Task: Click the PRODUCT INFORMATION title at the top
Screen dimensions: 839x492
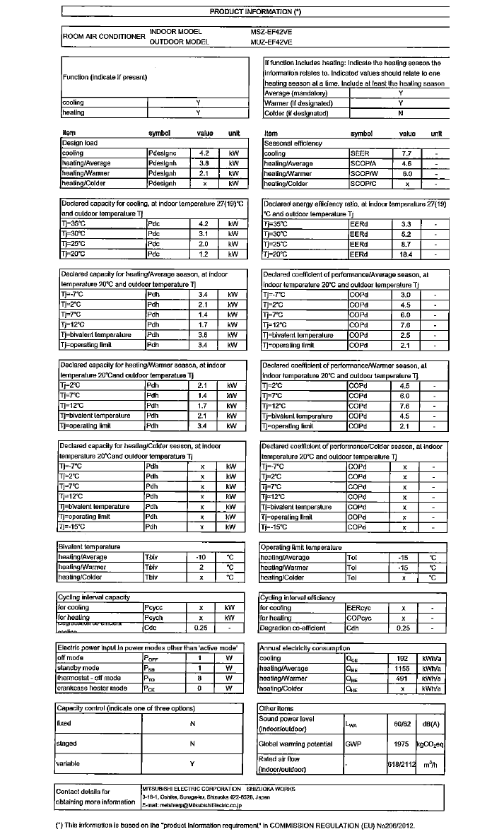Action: (256, 12)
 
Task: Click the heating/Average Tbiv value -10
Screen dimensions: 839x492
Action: (200, 557)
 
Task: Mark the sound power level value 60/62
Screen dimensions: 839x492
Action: (402, 724)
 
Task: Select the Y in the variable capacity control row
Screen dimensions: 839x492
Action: (192, 763)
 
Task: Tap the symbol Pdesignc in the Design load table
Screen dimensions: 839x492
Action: (163, 153)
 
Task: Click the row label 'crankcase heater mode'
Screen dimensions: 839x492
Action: (92, 688)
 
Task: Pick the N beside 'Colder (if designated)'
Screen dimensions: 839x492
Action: (401, 112)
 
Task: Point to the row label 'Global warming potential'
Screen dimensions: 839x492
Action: (296, 744)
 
